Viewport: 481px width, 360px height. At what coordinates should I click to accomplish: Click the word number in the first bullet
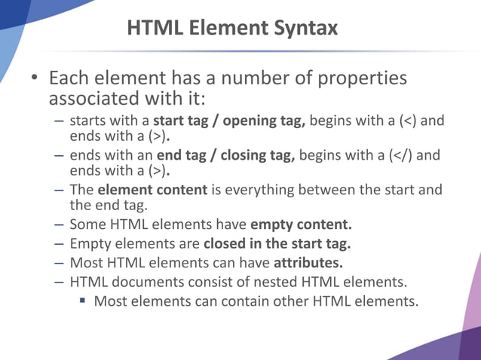coord(240,78)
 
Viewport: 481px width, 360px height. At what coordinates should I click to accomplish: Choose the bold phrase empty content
coord(302,224)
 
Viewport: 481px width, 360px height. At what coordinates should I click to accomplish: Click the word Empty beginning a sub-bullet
coord(90,244)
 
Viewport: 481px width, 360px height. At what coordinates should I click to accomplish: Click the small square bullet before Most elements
coord(84,303)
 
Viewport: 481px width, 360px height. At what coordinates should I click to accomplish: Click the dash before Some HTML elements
coord(59,224)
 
